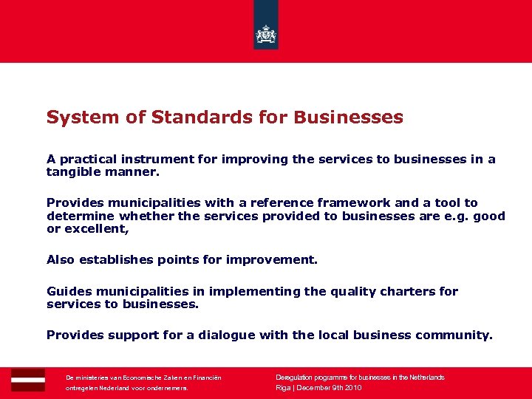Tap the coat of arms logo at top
266,34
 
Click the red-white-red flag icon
28,380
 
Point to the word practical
91,159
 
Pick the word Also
61,259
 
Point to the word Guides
68,291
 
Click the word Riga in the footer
283,388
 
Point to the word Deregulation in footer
296,378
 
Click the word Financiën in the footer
205,378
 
